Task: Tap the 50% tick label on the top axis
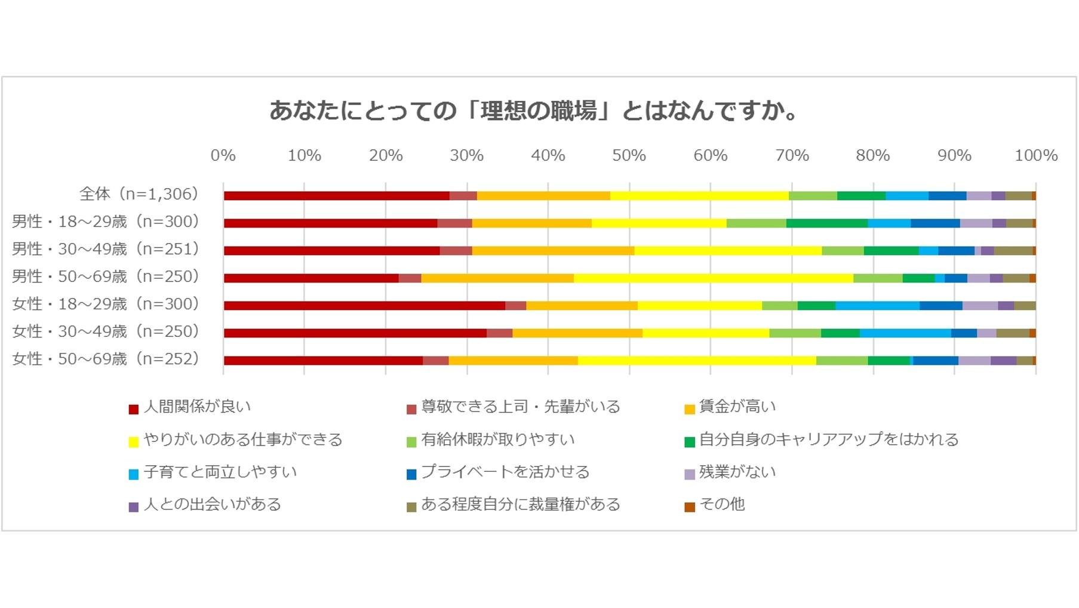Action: [629, 156]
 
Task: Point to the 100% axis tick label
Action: [1036, 156]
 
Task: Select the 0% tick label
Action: [223, 156]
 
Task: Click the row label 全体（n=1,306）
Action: [139, 194]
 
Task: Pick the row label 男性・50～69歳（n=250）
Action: [106, 277]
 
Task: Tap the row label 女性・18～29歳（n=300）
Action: [106, 304]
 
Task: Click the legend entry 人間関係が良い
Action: [197, 407]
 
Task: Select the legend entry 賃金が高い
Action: [737, 407]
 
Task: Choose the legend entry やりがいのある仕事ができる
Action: [242, 440]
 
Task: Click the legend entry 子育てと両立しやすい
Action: [220, 472]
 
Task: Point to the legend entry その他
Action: [721, 504]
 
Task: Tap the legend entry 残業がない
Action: [737, 472]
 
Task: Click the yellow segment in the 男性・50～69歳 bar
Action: [713, 278]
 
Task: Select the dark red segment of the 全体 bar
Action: [336, 196]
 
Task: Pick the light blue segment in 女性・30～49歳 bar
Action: [905, 333]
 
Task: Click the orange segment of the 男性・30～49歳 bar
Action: [553, 251]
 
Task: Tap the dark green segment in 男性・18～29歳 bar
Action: [826, 223]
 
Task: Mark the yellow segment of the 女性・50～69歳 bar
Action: [696, 361]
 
